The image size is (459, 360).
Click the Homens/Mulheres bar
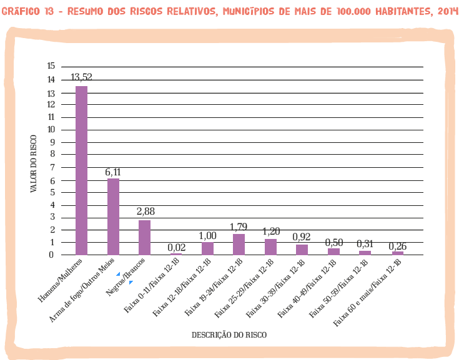point(81,170)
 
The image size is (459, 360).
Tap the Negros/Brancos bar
point(144,237)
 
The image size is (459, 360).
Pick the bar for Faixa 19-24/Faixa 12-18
point(239,244)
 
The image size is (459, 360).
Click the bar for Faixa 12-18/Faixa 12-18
point(207,248)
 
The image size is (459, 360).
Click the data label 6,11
point(113,171)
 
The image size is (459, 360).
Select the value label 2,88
point(145,212)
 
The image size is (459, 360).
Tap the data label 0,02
point(177,247)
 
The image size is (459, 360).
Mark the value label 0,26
point(398,246)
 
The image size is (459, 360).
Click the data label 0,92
point(302,236)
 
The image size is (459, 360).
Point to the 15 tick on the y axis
point(51,66)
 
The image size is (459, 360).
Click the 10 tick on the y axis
point(51,129)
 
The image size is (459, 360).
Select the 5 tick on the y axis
point(52,192)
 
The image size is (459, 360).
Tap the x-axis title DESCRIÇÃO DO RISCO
point(229,334)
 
